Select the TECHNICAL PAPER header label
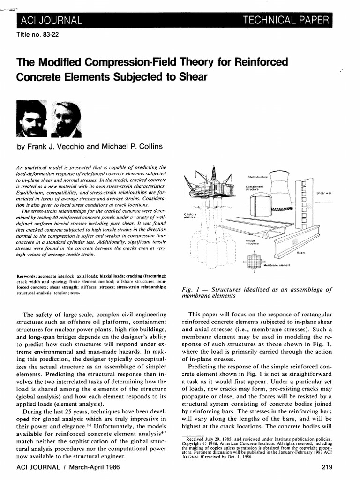point(288,20)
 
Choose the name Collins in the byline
point(148,147)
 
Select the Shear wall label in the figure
point(323,193)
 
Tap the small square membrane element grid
point(253,261)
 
